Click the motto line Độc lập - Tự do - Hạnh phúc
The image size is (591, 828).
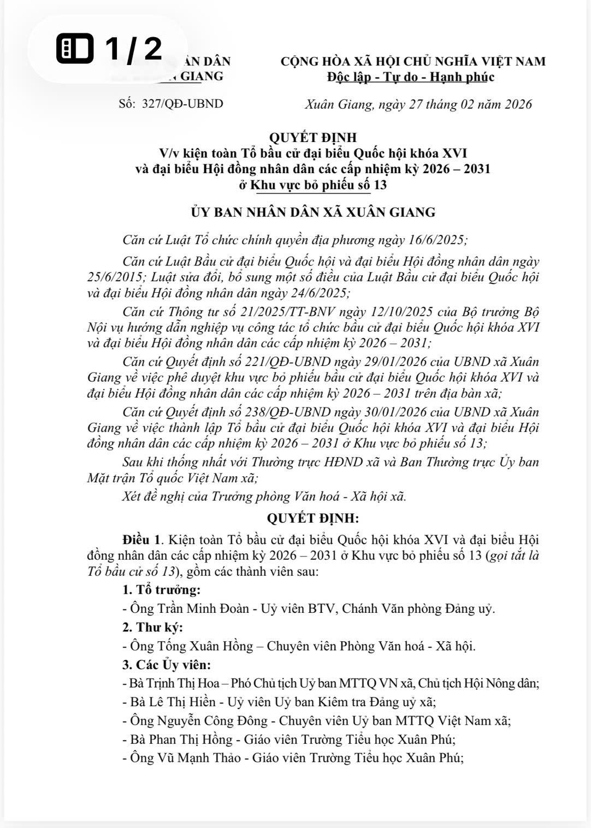click(x=410, y=77)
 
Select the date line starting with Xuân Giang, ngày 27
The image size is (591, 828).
click(x=418, y=104)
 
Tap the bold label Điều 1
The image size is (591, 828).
click(x=143, y=540)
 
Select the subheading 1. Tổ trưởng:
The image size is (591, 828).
click(x=161, y=590)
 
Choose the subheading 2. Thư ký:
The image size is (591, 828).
click(x=152, y=627)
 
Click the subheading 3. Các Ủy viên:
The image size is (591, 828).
click(x=166, y=665)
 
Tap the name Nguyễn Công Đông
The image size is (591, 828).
click(x=212, y=721)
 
